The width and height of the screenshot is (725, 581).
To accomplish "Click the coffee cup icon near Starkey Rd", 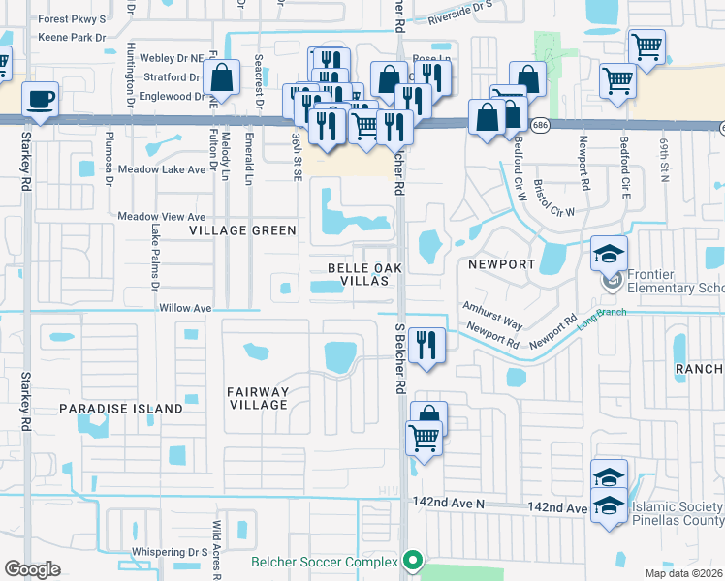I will [40, 99].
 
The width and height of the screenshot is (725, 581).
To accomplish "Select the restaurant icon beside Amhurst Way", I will [426, 345].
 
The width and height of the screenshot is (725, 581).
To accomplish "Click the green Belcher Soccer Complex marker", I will [414, 562].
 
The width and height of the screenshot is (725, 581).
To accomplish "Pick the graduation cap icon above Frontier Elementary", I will [610, 254].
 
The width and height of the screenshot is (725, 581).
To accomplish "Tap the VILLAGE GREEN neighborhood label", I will [242, 230].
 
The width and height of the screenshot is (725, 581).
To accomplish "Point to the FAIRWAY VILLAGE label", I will [257, 398].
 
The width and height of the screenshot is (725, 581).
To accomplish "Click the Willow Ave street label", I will [184, 308].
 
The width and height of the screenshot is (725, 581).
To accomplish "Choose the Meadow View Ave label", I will [162, 217].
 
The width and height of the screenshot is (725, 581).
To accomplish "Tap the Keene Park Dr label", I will [71, 38].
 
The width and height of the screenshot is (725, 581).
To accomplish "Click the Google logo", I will [32, 569].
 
